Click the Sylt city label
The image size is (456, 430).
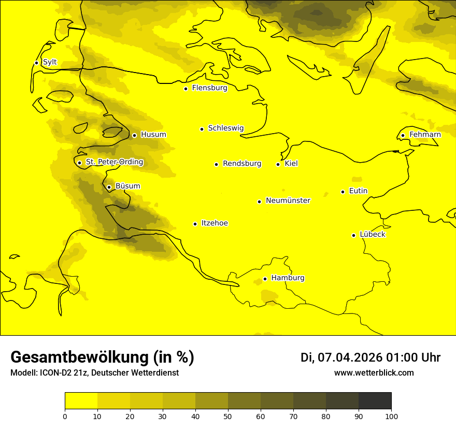pos(50,62)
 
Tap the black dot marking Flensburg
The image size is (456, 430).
pos(186,89)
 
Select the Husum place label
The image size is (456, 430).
pos(153,135)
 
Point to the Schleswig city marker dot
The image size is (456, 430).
pos(202,129)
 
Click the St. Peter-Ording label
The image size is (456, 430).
pos(114,162)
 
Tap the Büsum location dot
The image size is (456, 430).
pos(109,187)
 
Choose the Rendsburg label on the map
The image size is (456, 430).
pos(242,164)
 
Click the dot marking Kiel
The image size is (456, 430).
pos(278,164)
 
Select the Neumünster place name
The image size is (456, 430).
pos(288,200)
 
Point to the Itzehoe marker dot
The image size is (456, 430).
pos(195,224)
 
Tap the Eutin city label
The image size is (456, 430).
pos(358,191)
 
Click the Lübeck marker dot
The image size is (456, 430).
pos(354,235)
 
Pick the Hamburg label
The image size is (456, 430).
pos(288,278)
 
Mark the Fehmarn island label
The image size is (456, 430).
pos(425,135)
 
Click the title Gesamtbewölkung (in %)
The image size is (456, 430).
pos(102,357)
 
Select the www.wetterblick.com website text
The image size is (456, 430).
pos(374,373)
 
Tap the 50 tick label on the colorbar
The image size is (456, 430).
pos(228,416)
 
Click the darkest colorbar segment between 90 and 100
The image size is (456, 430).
pos(375,400)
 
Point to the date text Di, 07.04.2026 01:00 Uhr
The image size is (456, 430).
pos(370,357)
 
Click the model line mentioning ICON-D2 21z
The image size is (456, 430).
pos(94,373)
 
